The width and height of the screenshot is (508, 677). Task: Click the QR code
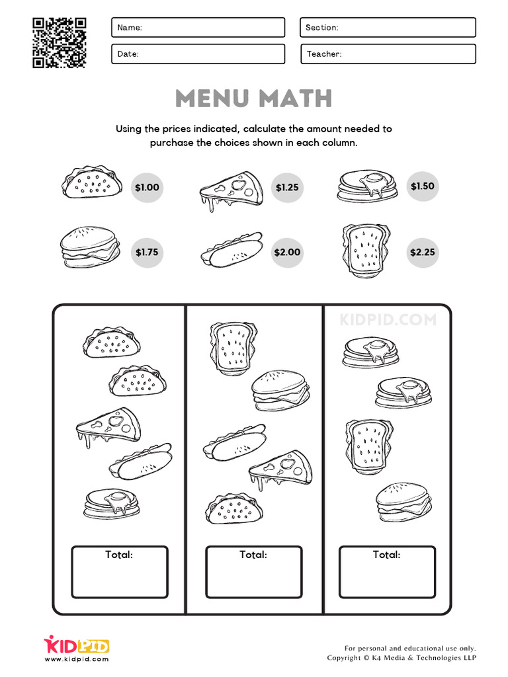pyautogui.click(x=59, y=42)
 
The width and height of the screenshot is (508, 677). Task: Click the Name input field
pyautogui.click(x=198, y=27)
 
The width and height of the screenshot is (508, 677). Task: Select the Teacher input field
pyautogui.click(x=388, y=54)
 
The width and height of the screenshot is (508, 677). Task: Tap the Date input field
pyautogui.click(x=198, y=54)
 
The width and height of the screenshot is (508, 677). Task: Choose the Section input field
pyautogui.click(x=388, y=27)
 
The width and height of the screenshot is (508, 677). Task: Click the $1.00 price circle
pyautogui.click(x=147, y=187)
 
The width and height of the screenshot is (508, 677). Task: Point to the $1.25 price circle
pyautogui.click(x=287, y=187)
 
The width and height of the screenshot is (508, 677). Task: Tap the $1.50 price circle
pyautogui.click(x=422, y=186)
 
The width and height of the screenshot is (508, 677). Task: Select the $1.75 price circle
pyautogui.click(x=147, y=252)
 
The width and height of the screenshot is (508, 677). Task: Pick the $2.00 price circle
pyautogui.click(x=287, y=252)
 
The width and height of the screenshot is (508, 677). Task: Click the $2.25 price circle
pyautogui.click(x=422, y=252)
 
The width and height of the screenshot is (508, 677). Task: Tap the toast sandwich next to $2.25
pyautogui.click(x=366, y=250)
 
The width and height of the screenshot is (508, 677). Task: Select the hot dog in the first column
pyautogui.click(x=142, y=460)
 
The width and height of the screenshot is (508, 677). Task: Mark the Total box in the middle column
pyautogui.click(x=253, y=573)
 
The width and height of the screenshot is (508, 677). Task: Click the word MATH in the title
pyautogui.click(x=294, y=99)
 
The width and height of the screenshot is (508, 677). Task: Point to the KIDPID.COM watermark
pyautogui.click(x=388, y=320)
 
